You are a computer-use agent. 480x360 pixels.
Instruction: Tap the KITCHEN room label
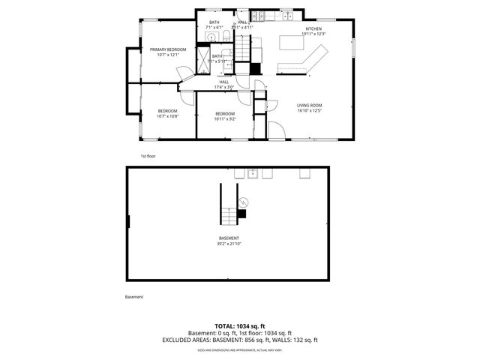pyautogui.click(x=313, y=29)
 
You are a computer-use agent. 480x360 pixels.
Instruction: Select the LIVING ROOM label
pyautogui.click(x=309, y=105)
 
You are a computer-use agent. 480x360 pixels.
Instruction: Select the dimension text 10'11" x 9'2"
pyautogui.click(x=225, y=118)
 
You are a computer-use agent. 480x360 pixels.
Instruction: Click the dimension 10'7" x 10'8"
pyautogui.click(x=167, y=115)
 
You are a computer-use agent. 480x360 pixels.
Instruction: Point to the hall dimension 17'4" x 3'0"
pyautogui.click(x=224, y=87)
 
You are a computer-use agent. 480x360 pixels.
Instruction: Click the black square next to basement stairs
pyautogui.click(x=241, y=214)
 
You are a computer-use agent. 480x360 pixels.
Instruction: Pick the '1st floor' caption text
pyautogui.click(x=148, y=156)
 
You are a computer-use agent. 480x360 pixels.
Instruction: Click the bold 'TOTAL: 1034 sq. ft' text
pyautogui.click(x=240, y=325)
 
